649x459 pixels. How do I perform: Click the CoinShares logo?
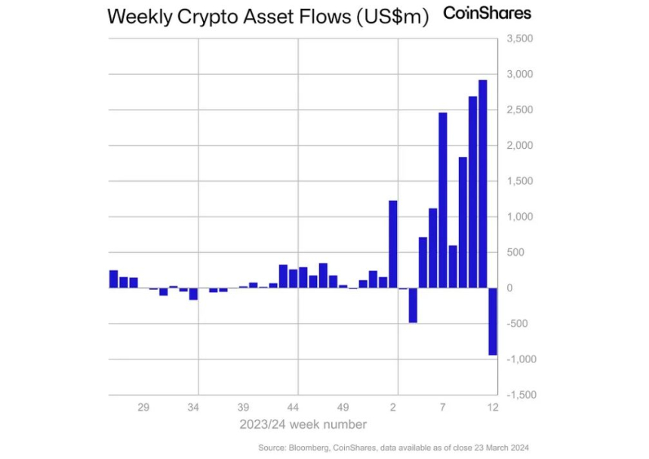(487, 13)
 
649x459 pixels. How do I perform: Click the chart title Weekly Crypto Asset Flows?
(268, 17)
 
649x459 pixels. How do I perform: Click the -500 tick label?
(521, 324)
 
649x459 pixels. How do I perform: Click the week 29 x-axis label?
(143, 408)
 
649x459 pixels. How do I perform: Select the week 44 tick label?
(294, 408)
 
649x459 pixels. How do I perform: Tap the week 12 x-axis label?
(494, 408)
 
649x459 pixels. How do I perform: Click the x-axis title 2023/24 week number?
(303, 424)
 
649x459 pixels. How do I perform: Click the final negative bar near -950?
(493, 321)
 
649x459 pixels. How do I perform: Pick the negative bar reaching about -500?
(413, 305)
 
